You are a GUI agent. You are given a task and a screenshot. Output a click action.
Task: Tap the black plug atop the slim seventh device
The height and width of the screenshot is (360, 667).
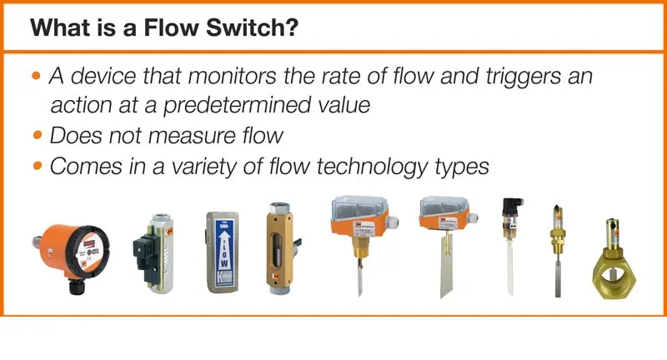point(510,207)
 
